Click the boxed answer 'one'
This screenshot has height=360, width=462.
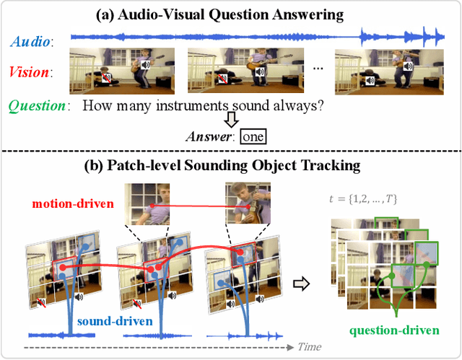253,136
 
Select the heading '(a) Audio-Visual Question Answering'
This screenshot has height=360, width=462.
231,14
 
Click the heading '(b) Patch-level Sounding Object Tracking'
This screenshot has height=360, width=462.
231,165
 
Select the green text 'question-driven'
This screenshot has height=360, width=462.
393,330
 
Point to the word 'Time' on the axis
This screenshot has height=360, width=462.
309,347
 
